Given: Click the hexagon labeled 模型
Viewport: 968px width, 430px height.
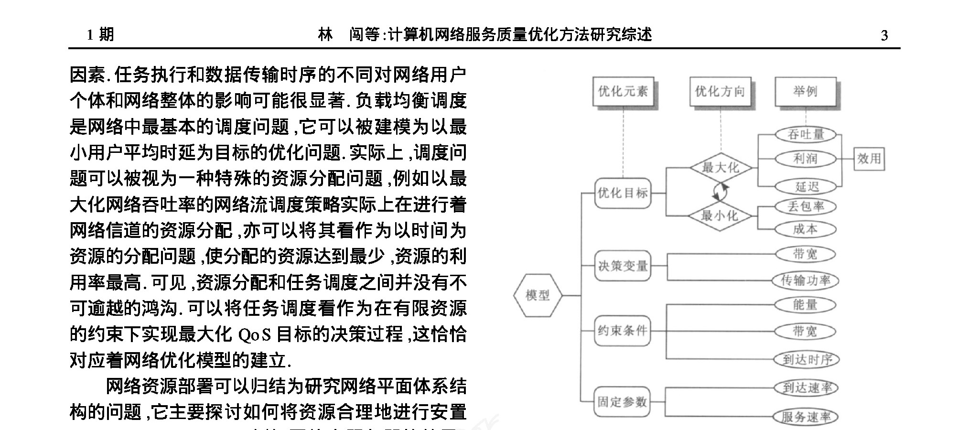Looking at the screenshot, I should coord(538,295).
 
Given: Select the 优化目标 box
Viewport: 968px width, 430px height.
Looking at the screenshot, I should coord(623,193).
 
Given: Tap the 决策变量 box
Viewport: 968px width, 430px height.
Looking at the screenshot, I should coord(623,266).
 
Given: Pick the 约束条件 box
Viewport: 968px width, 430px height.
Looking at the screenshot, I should coord(623,330).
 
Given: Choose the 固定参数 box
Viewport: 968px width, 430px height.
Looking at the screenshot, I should coord(623,402).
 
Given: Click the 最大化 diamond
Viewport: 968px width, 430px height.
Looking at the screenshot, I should coord(720,168).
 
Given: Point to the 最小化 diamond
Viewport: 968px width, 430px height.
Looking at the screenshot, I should coord(720,216).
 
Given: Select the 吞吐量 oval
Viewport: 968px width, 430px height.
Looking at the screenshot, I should coord(806,134).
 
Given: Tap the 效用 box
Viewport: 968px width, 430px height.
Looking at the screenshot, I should coord(869,159).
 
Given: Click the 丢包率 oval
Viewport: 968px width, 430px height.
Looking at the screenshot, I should coord(806,206).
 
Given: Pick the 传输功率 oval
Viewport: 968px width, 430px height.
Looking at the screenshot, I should coord(806,280).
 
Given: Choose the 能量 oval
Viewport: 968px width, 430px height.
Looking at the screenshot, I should coord(806,305).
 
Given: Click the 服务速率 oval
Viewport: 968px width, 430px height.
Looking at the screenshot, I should coord(806,417).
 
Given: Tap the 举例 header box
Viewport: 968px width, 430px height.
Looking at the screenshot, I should coord(806,91).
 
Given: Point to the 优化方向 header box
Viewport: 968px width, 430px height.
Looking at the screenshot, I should coord(720,91).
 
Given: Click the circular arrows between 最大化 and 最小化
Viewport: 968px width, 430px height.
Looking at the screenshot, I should coord(721,192).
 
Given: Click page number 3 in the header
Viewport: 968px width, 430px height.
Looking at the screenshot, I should coord(884,35).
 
